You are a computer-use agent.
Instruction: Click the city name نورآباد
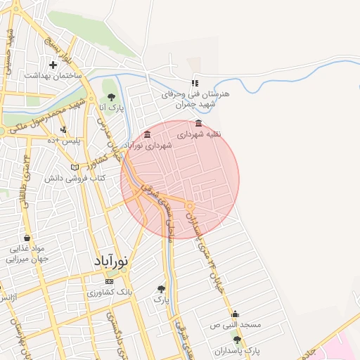pos(112,261)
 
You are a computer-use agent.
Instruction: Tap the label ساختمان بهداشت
pos(53,75)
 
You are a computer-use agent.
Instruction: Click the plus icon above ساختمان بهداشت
pos(53,65)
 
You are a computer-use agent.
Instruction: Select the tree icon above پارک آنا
pos(110,98)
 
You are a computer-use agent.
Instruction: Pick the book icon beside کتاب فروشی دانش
pos(75,168)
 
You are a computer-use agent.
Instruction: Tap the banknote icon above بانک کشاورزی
pos(108,281)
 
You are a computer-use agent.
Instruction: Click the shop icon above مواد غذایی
pos(27,238)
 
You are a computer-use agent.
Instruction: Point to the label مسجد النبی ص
pos(236,325)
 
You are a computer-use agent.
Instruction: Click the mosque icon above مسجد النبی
pos(234,314)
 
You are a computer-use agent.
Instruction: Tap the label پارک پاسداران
pos(237,349)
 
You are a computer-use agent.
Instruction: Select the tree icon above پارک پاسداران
pos(237,340)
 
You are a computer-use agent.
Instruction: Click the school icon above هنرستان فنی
pos(195,83)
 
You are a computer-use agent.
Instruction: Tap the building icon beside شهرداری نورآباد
pos(146,134)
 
